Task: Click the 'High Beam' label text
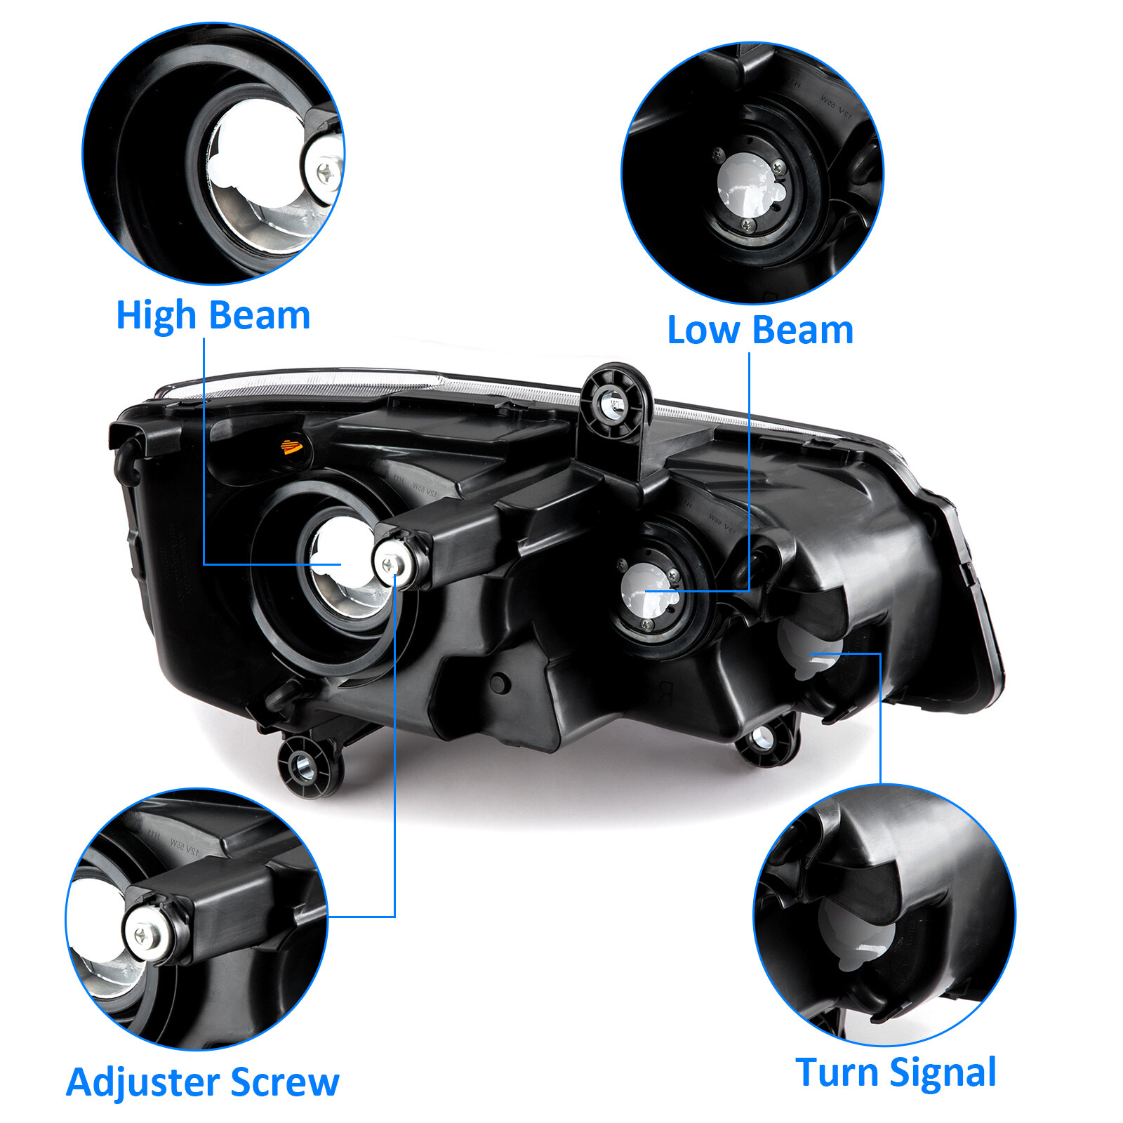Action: [x=213, y=315]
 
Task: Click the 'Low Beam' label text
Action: [x=760, y=330]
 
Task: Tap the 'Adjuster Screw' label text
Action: [x=203, y=1082]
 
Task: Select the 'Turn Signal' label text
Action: [x=896, y=1072]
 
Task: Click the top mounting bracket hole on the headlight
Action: [x=612, y=404]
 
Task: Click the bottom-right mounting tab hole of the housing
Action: [x=762, y=739]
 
